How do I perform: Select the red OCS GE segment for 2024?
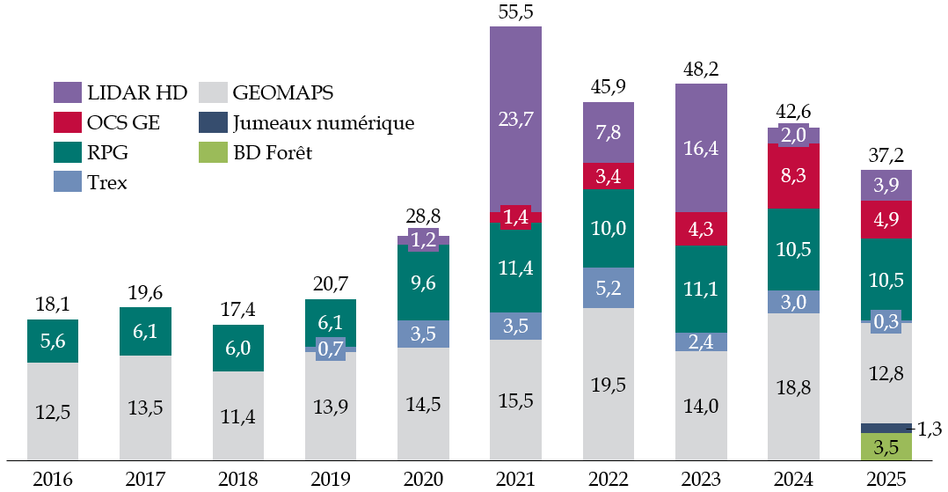click(x=794, y=176)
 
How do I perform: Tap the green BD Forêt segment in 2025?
click(x=886, y=446)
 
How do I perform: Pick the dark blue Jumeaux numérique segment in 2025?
click(x=886, y=428)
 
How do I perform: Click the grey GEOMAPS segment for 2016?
click(x=53, y=410)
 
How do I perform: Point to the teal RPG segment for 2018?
click(x=238, y=349)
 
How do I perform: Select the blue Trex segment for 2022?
click(x=609, y=287)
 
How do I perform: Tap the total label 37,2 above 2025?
click(x=886, y=156)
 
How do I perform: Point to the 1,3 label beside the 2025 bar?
click(x=930, y=429)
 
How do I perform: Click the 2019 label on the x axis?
click(x=331, y=480)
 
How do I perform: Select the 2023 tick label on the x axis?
click(x=701, y=480)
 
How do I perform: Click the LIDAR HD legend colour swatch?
click(x=66, y=92)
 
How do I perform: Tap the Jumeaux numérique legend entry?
click(x=322, y=122)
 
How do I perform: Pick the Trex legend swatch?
click(x=66, y=181)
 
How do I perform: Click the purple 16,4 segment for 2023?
click(x=701, y=148)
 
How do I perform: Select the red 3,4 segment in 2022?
click(x=609, y=176)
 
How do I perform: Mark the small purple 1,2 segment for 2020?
click(x=423, y=239)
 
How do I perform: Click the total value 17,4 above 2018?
click(x=238, y=310)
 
